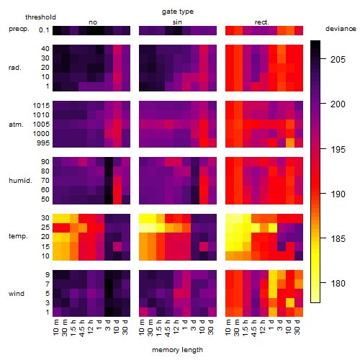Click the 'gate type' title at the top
pyautogui.click(x=178, y=12)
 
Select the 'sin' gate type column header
pyautogui.click(x=177, y=22)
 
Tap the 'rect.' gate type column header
pyautogui.click(x=261, y=22)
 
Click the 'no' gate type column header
pyautogui.click(x=93, y=22)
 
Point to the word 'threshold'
pyautogui.click(x=40, y=17)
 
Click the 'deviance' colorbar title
pyautogui.click(x=341, y=29)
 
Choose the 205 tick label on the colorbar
pyautogui.click(x=338, y=60)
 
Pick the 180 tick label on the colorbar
pyautogui.click(x=338, y=284)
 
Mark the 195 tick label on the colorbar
pyautogui.click(x=338, y=150)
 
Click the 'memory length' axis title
pyautogui.click(x=177, y=350)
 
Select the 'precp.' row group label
pyautogui.click(x=19, y=29)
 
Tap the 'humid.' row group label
pyautogui.click(x=20, y=181)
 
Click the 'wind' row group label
pyautogui.click(x=17, y=294)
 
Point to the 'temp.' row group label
pyautogui.click(x=18, y=236)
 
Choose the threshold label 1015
pyautogui.click(x=41, y=106)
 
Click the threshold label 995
pyautogui.click(x=43, y=143)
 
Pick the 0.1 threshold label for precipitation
pyautogui.click(x=44, y=30)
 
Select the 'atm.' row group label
pyautogui.click(x=16, y=125)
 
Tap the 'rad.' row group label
pyautogui.click(x=15, y=68)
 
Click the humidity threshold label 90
pyautogui.click(x=45, y=162)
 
